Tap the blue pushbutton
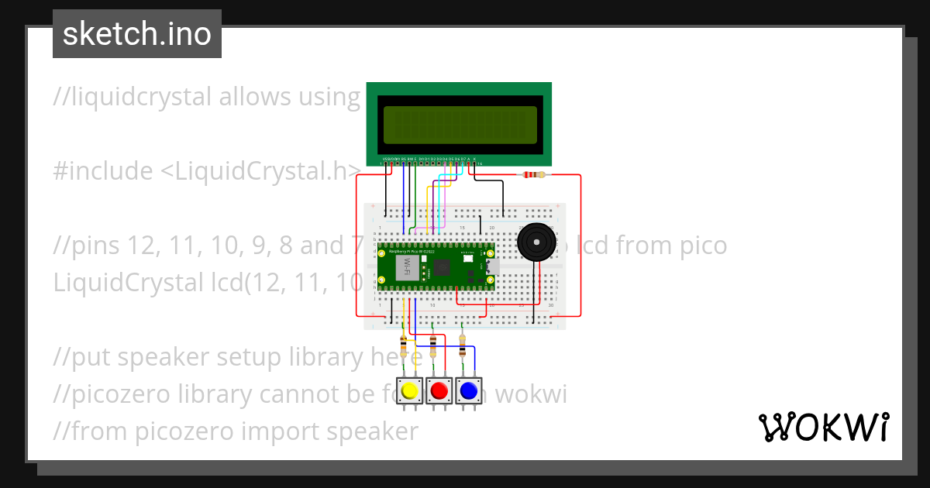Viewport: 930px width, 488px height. pos(468,390)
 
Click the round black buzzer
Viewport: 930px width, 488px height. pos(536,242)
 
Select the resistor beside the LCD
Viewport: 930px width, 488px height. pos(534,175)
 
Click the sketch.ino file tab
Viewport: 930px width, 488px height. pos(137,34)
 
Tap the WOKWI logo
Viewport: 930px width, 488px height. pos(822,427)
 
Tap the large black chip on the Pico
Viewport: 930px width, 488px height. pos(442,268)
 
